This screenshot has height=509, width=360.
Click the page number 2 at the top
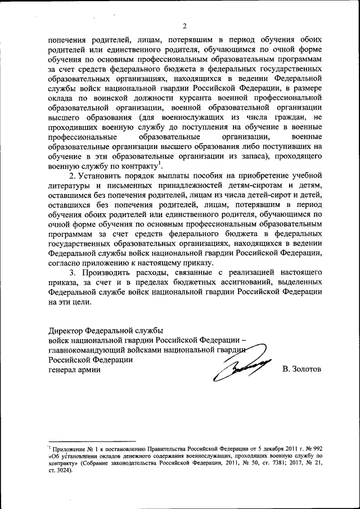pyautogui.click(x=184, y=26)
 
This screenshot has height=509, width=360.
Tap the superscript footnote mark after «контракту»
pyautogui.click(x=161, y=164)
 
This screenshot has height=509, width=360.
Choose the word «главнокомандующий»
pyautogui.click(x=87, y=350)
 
